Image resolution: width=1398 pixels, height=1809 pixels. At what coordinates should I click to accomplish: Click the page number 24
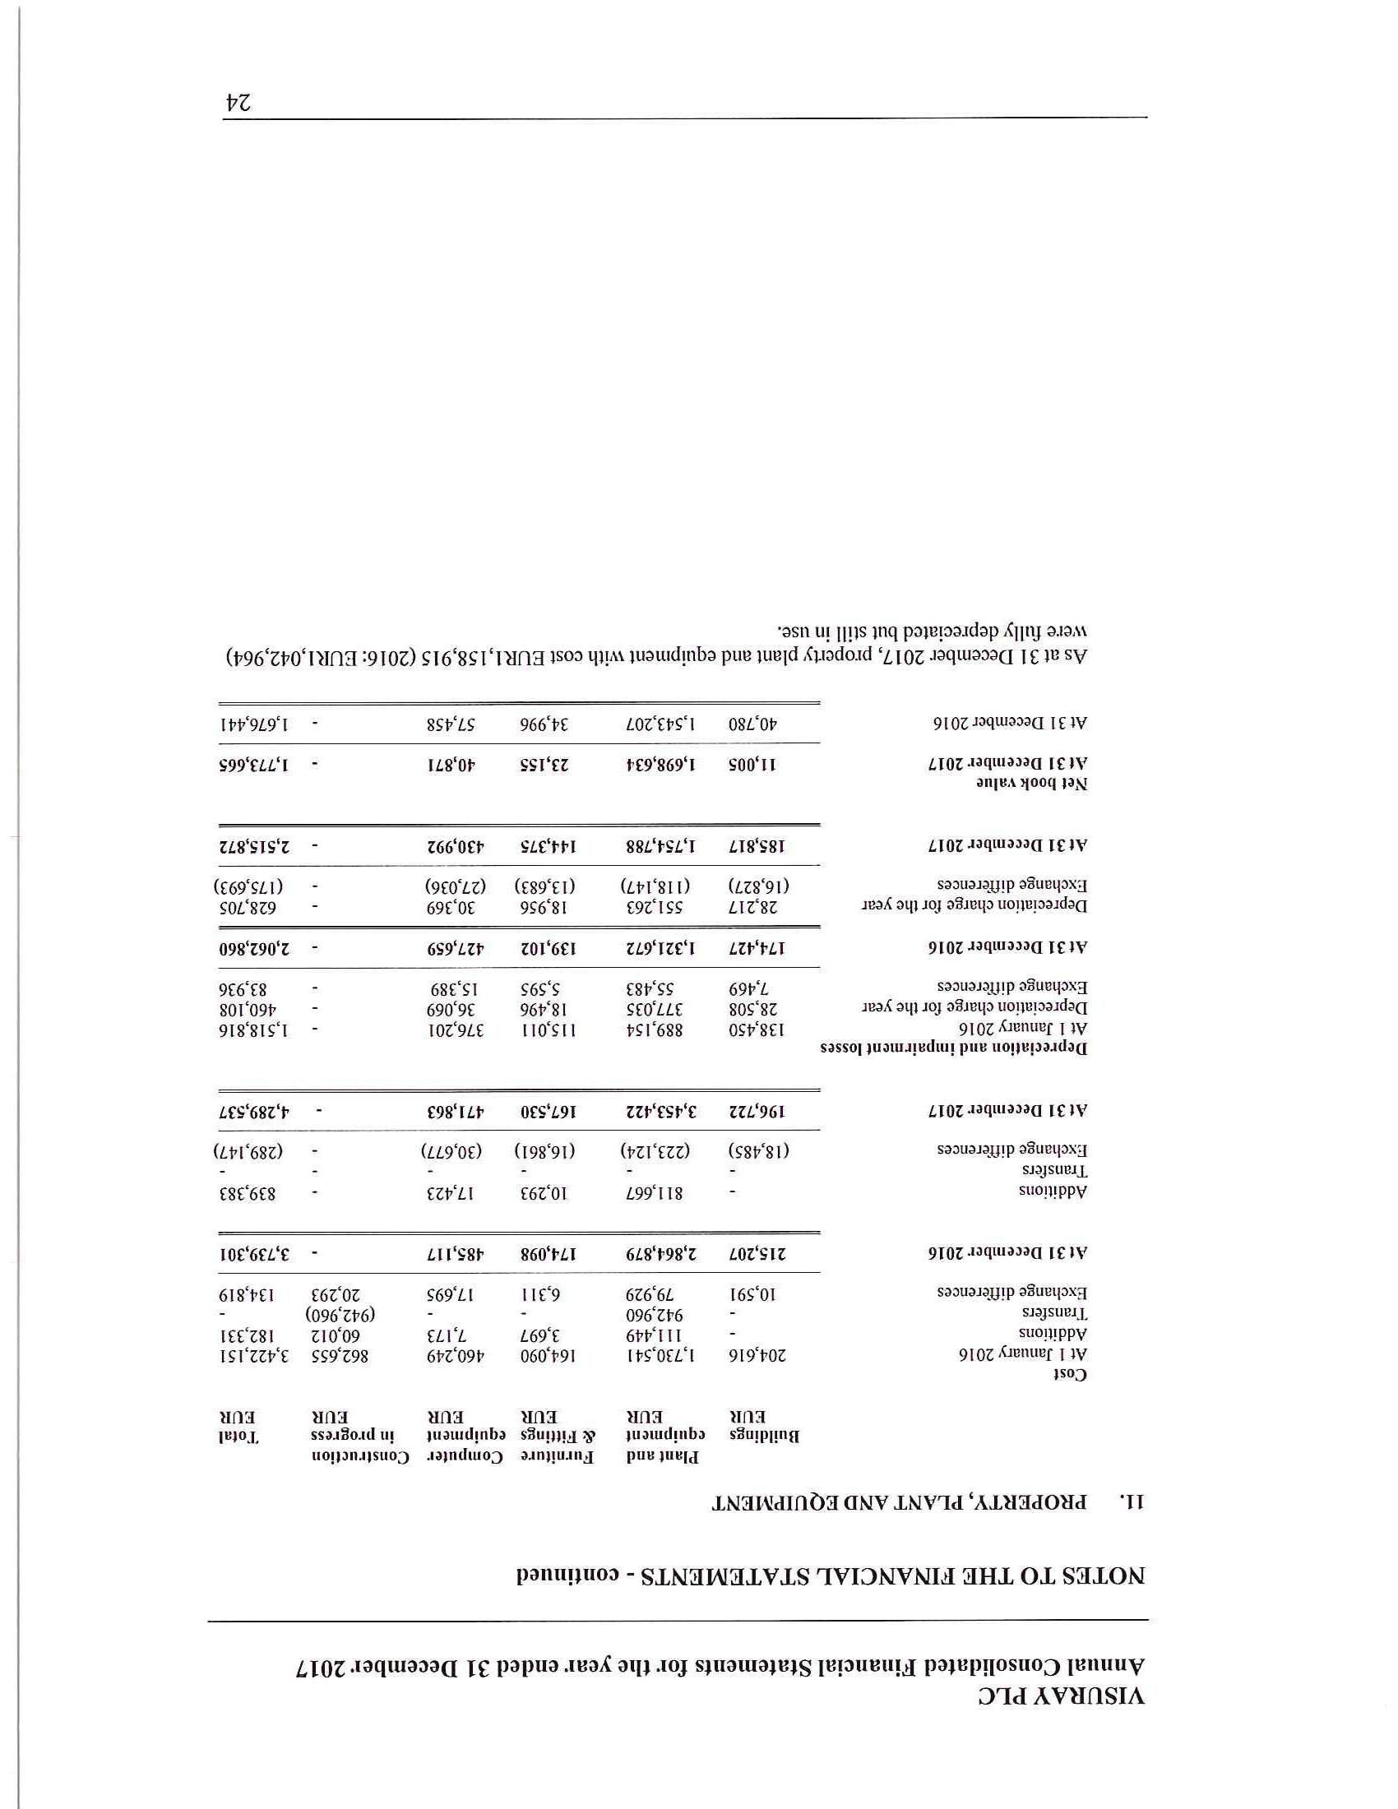click(238, 102)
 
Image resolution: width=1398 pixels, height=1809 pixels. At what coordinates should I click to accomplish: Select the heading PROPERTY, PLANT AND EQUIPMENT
click(898, 1501)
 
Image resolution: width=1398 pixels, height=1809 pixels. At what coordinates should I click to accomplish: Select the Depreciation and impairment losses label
click(953, 1047)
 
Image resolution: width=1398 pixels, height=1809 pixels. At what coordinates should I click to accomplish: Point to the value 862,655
click(340, 1355)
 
